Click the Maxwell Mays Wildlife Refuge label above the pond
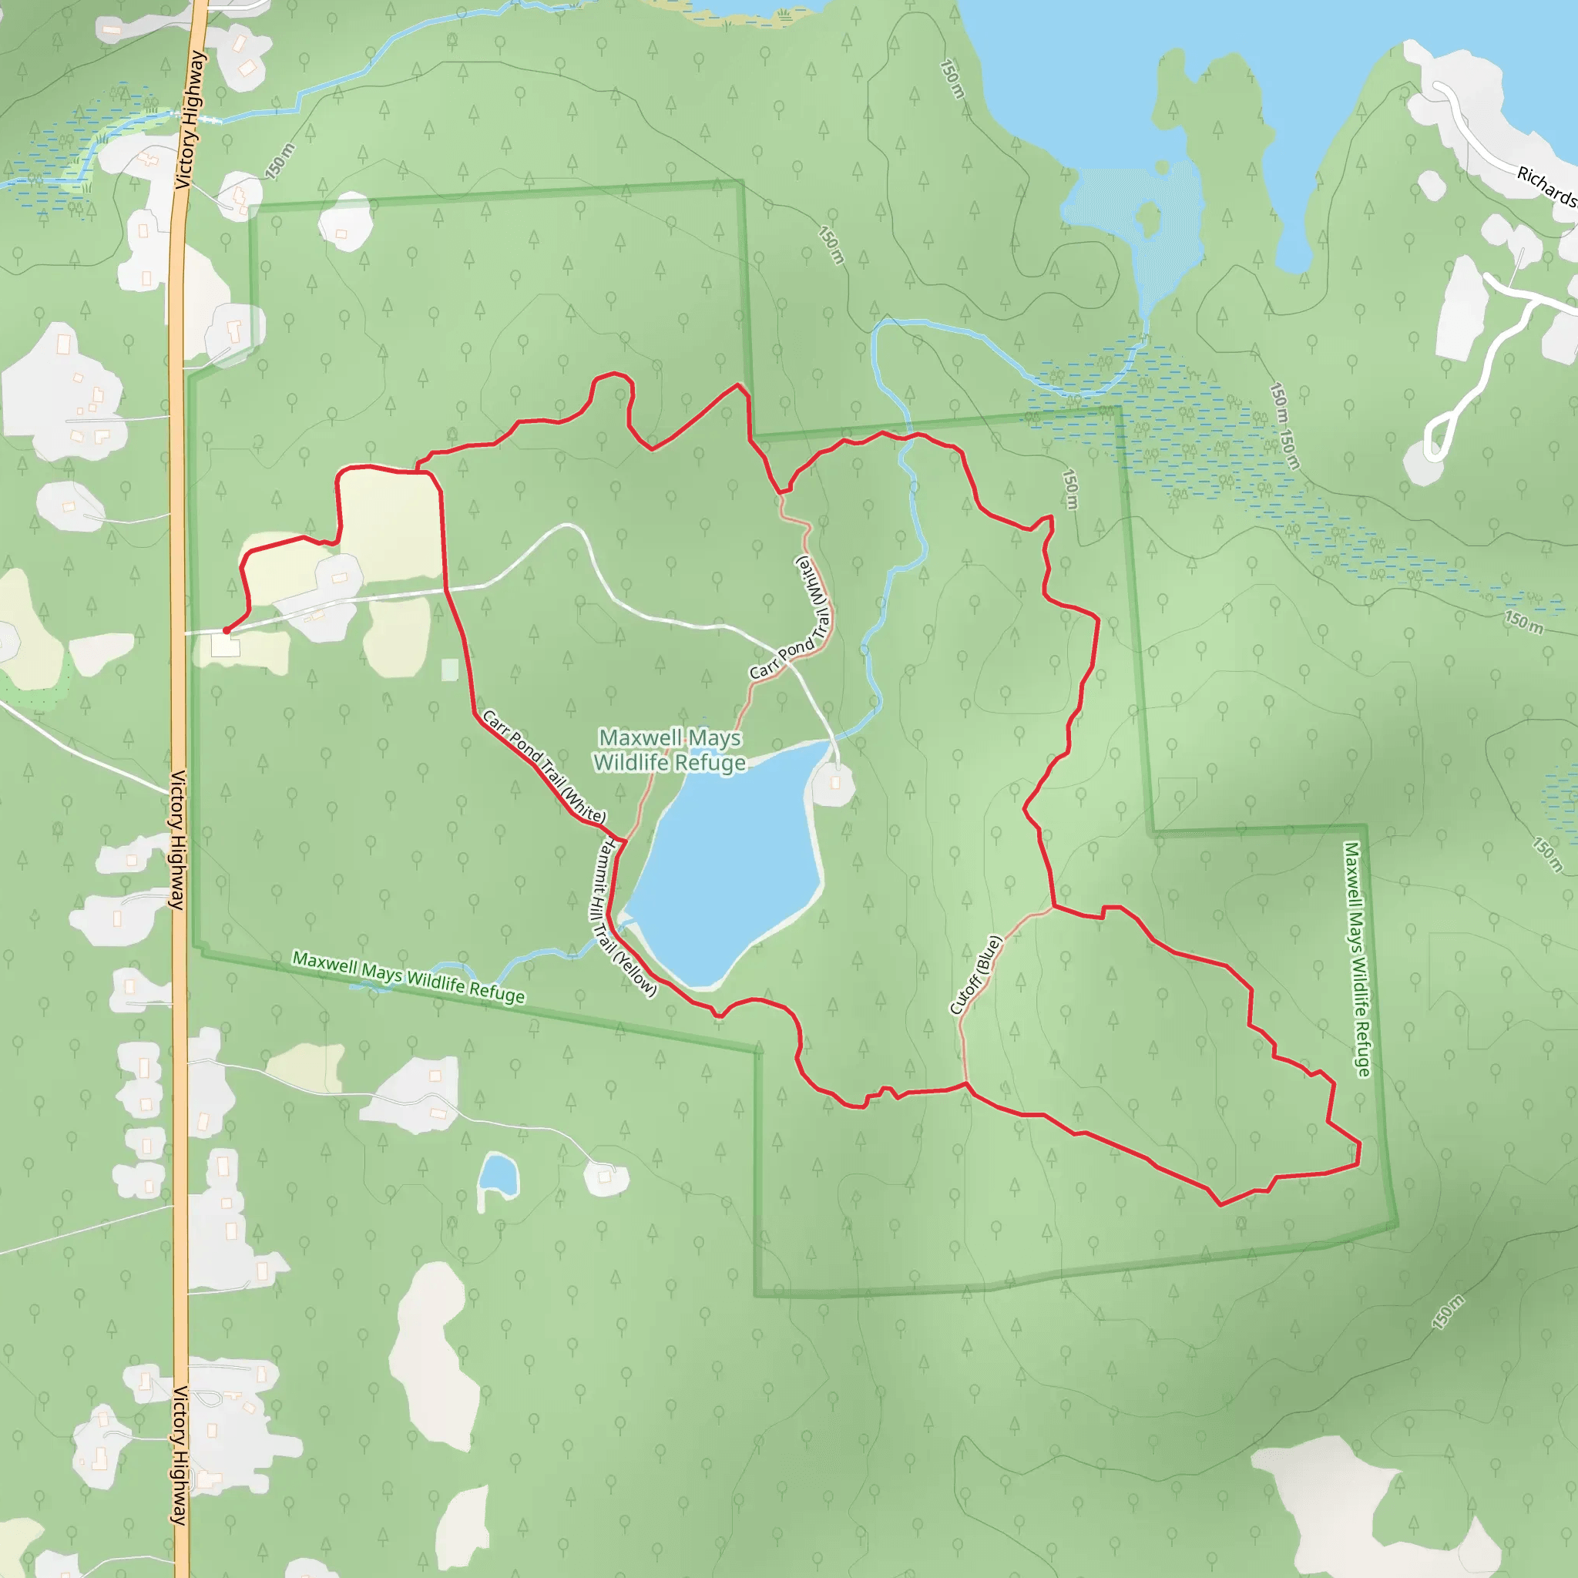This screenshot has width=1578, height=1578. click(670, 750)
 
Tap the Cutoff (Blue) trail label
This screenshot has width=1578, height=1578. click(975, 975)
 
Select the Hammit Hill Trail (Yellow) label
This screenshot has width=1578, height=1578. click(625, 917)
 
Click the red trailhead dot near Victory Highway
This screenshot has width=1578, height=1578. click(227, 630)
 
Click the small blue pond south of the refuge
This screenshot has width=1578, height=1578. click(499, 1174)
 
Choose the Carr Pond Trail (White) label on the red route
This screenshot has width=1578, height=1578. click(544, 766)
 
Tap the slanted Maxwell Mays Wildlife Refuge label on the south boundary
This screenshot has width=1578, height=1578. click(408, 978)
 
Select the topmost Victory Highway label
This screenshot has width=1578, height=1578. click(190, 119)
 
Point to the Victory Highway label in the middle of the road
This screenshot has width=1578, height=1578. click(177, 840)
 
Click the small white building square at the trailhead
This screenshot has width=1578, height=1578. click(226, 646)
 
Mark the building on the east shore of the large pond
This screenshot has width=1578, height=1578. click(834, 783)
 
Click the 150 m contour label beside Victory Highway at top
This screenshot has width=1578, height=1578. click(280, 161)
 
